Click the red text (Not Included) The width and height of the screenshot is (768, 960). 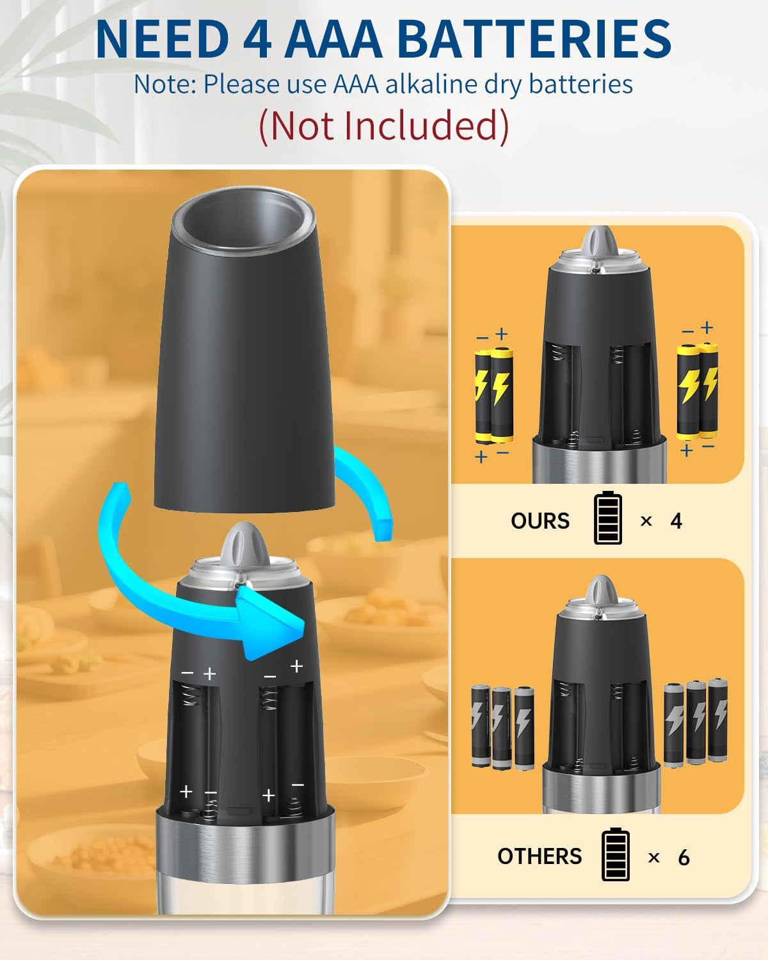pos(384,125)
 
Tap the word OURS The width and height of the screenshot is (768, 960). pos(540,521)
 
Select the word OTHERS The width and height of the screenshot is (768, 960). pos(540,856)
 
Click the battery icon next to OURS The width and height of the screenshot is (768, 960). pos(607,518)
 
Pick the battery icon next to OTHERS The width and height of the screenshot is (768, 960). pos(616,854)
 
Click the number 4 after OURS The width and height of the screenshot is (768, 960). pos(676,521)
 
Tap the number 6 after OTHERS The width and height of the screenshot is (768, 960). pos(684,857)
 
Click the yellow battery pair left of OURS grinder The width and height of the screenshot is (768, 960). pos(494,396)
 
